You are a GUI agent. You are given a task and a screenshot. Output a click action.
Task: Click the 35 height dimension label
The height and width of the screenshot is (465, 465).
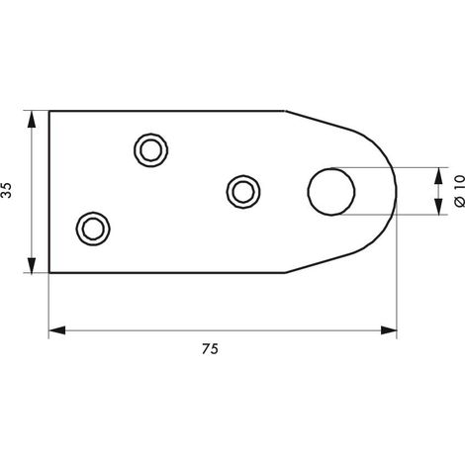click(x=7, y=190)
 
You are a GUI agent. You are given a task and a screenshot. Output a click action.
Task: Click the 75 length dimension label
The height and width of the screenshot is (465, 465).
click(x=210, y=349)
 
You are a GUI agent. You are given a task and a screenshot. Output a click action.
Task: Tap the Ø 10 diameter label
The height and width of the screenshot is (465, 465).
click(x=459, y=191)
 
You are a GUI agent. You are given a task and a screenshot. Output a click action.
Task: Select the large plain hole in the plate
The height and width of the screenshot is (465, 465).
click(x=331, y=192)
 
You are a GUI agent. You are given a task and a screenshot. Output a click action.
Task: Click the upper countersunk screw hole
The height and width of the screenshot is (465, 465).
click(x=150, y=150)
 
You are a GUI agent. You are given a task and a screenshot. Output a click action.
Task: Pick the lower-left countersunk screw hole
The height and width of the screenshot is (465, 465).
click(x=93, y=229)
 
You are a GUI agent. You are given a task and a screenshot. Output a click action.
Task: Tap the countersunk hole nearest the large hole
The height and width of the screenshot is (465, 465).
click(x=243, y=192)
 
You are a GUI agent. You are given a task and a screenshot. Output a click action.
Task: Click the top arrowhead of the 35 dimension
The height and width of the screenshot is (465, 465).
click(x=32, y=120)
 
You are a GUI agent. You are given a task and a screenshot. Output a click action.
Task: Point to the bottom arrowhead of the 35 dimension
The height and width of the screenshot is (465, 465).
click(x=32, y=265)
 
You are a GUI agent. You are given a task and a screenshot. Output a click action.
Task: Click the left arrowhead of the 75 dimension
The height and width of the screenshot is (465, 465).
click(x=57, y=330)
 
